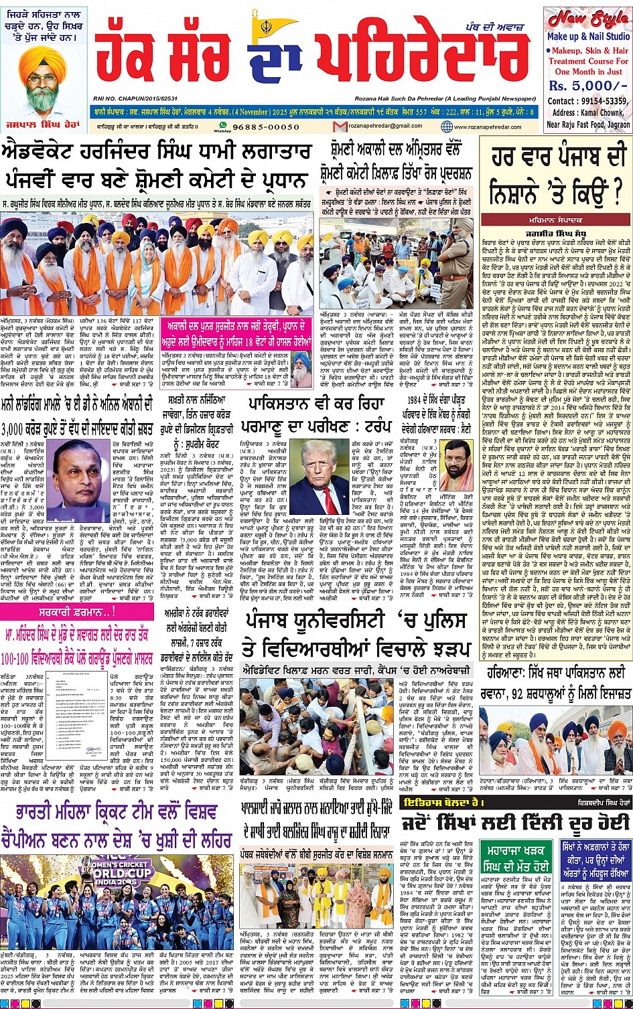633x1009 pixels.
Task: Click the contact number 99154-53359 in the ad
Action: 600,100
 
